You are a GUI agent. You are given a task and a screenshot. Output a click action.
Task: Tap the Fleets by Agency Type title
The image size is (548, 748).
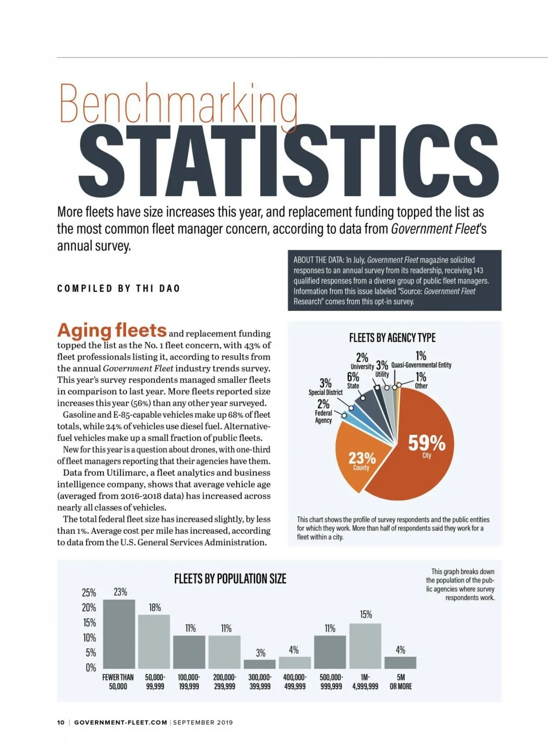coord(392,338)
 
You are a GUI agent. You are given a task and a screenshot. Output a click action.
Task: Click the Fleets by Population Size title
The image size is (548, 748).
coord(230,579)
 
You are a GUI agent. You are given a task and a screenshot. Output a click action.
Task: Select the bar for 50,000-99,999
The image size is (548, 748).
coord(154,642)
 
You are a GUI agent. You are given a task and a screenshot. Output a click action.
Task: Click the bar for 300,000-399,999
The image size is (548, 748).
coord(260,664)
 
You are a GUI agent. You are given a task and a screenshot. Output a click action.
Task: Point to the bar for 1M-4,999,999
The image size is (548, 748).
coord(365,646)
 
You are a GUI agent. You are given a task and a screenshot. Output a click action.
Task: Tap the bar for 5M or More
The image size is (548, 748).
coord(400,663)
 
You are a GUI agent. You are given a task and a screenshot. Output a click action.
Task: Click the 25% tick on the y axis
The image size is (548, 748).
coord(89,593)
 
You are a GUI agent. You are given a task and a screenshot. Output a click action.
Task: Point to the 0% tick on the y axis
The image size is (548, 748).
coord(90,668)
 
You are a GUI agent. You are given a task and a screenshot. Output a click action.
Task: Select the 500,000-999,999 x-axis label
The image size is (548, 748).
coord(331,682)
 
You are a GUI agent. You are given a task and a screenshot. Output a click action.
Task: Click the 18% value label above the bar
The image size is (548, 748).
coord(155,607)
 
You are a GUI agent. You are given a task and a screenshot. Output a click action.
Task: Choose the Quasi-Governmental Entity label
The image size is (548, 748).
coord(421,365)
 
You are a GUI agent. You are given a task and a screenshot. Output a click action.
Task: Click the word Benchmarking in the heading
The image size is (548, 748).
coord(178,104)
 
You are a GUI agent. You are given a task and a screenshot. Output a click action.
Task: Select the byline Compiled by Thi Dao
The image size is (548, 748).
coord(119,288)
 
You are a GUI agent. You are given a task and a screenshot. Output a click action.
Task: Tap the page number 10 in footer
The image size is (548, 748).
coord(61,722)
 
